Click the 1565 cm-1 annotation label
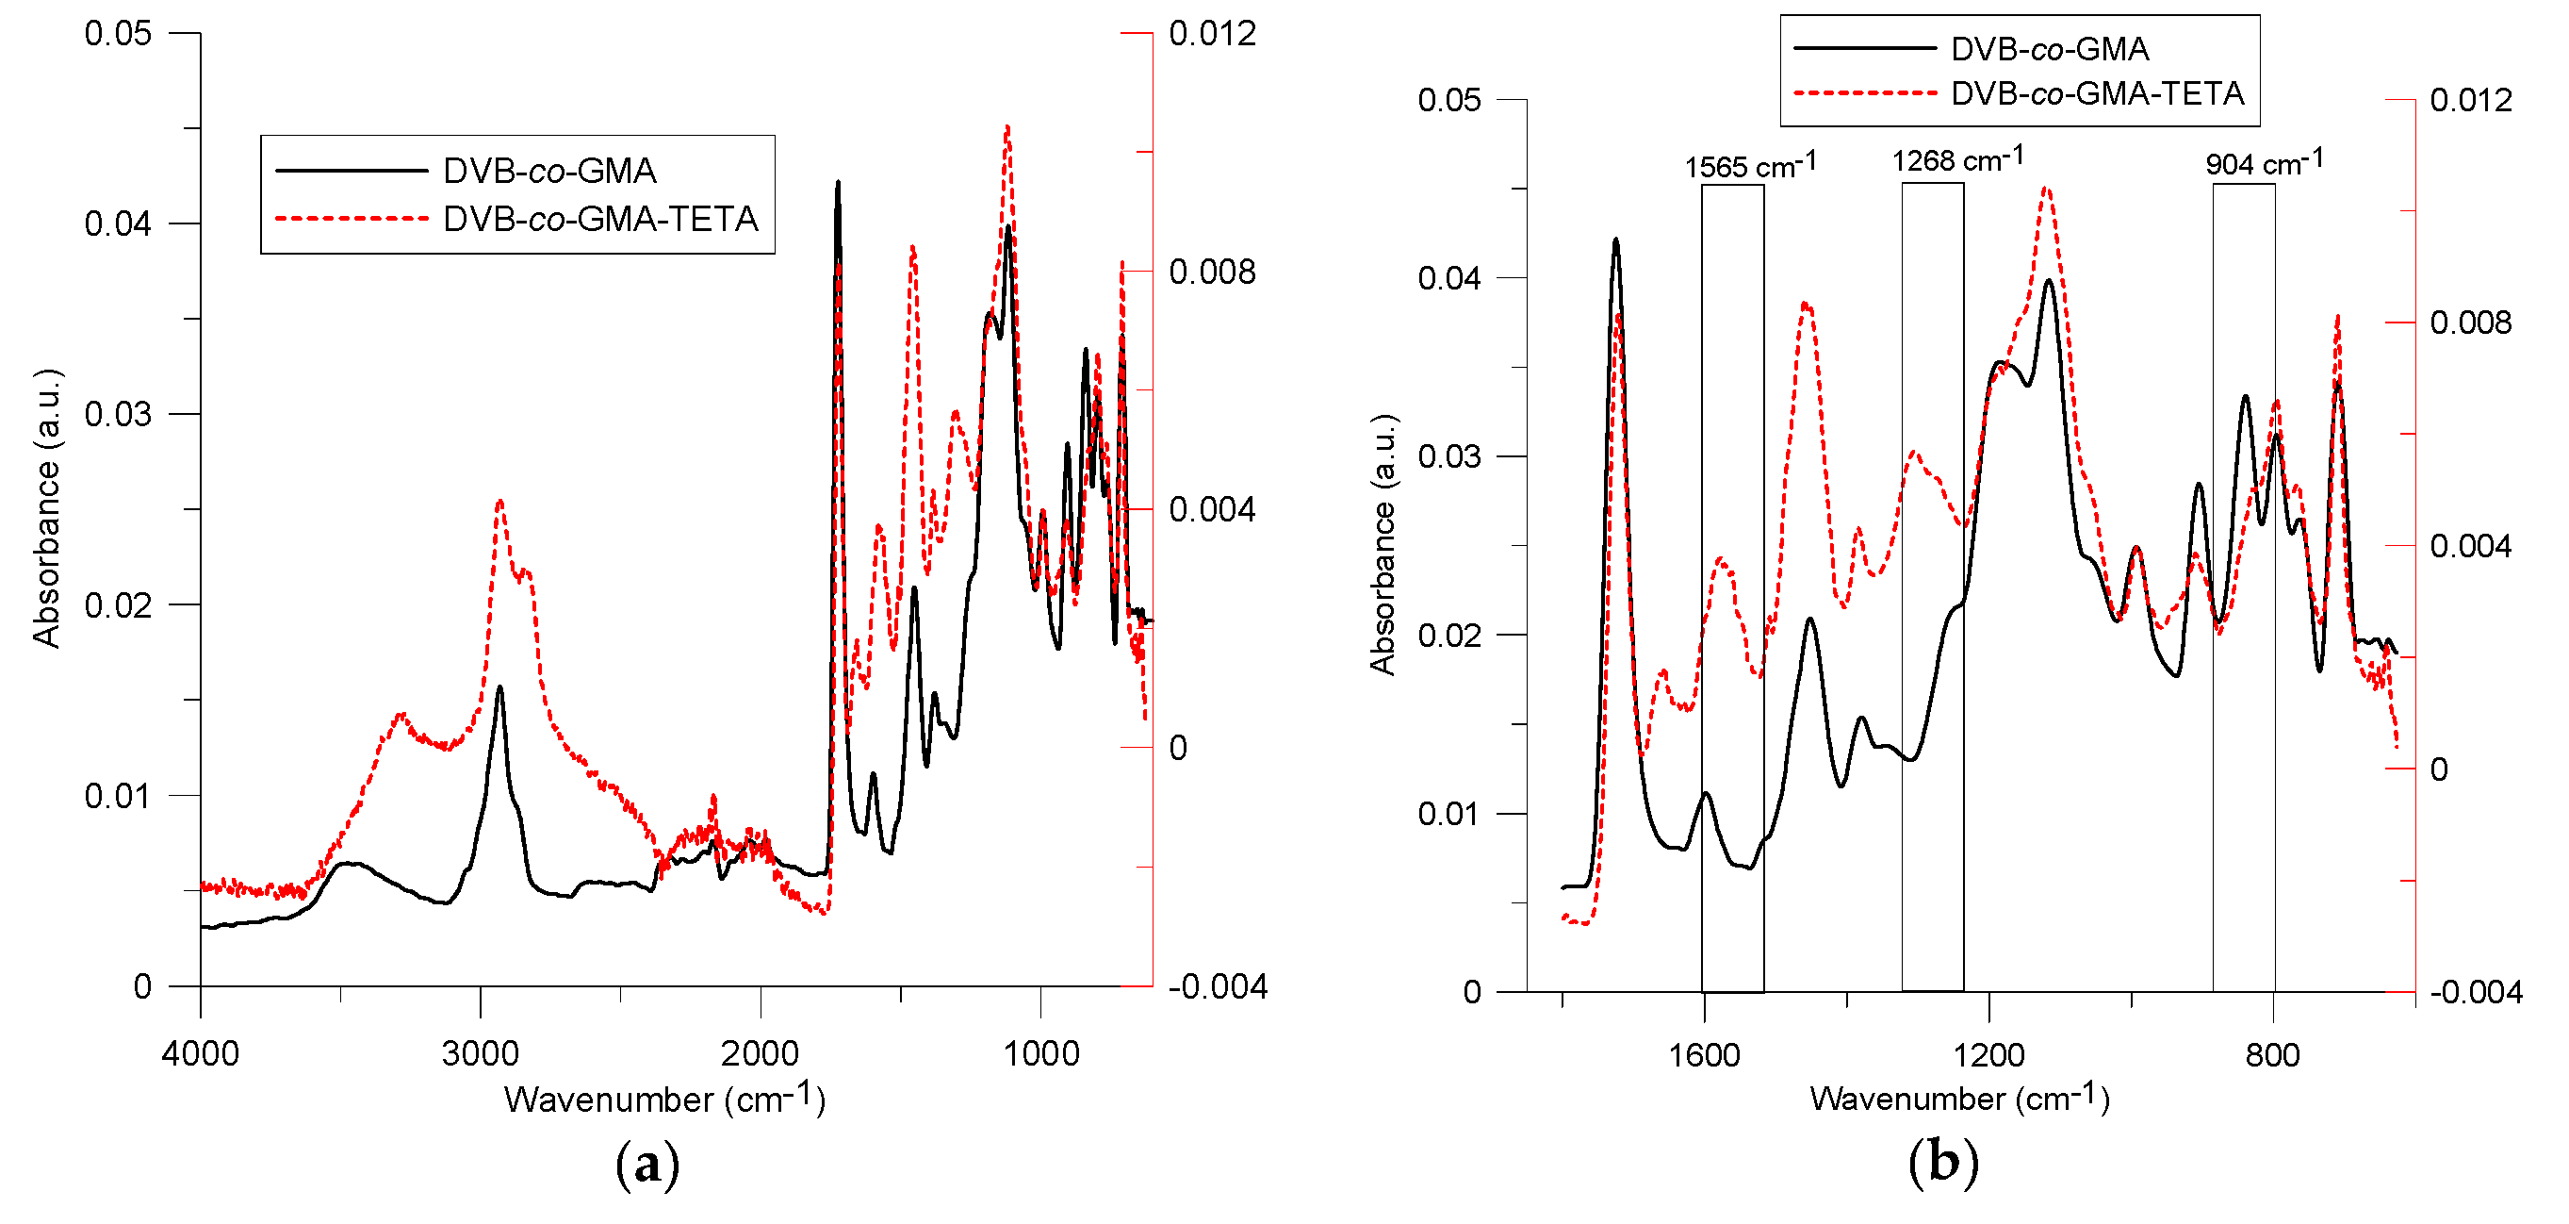click(1749, 166)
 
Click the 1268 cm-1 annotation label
click(1956, 159)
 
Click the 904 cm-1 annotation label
click(2263, 162)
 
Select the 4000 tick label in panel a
click(200, 1053)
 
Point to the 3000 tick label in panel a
click(480, 1053)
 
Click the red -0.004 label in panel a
click(1217, 986)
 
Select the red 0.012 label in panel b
click(2470, 100)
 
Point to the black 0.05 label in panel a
click(118, 34)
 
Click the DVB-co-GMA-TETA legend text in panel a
click(600, 219)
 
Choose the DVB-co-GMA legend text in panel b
click(2049, 49)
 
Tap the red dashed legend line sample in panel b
click(1863, 92)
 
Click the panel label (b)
click(1942, 1162)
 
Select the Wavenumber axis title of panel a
click(664, 1100)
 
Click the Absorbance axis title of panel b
click(1383, 545)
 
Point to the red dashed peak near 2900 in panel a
click(499, 502)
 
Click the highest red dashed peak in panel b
click(2046, 188)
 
